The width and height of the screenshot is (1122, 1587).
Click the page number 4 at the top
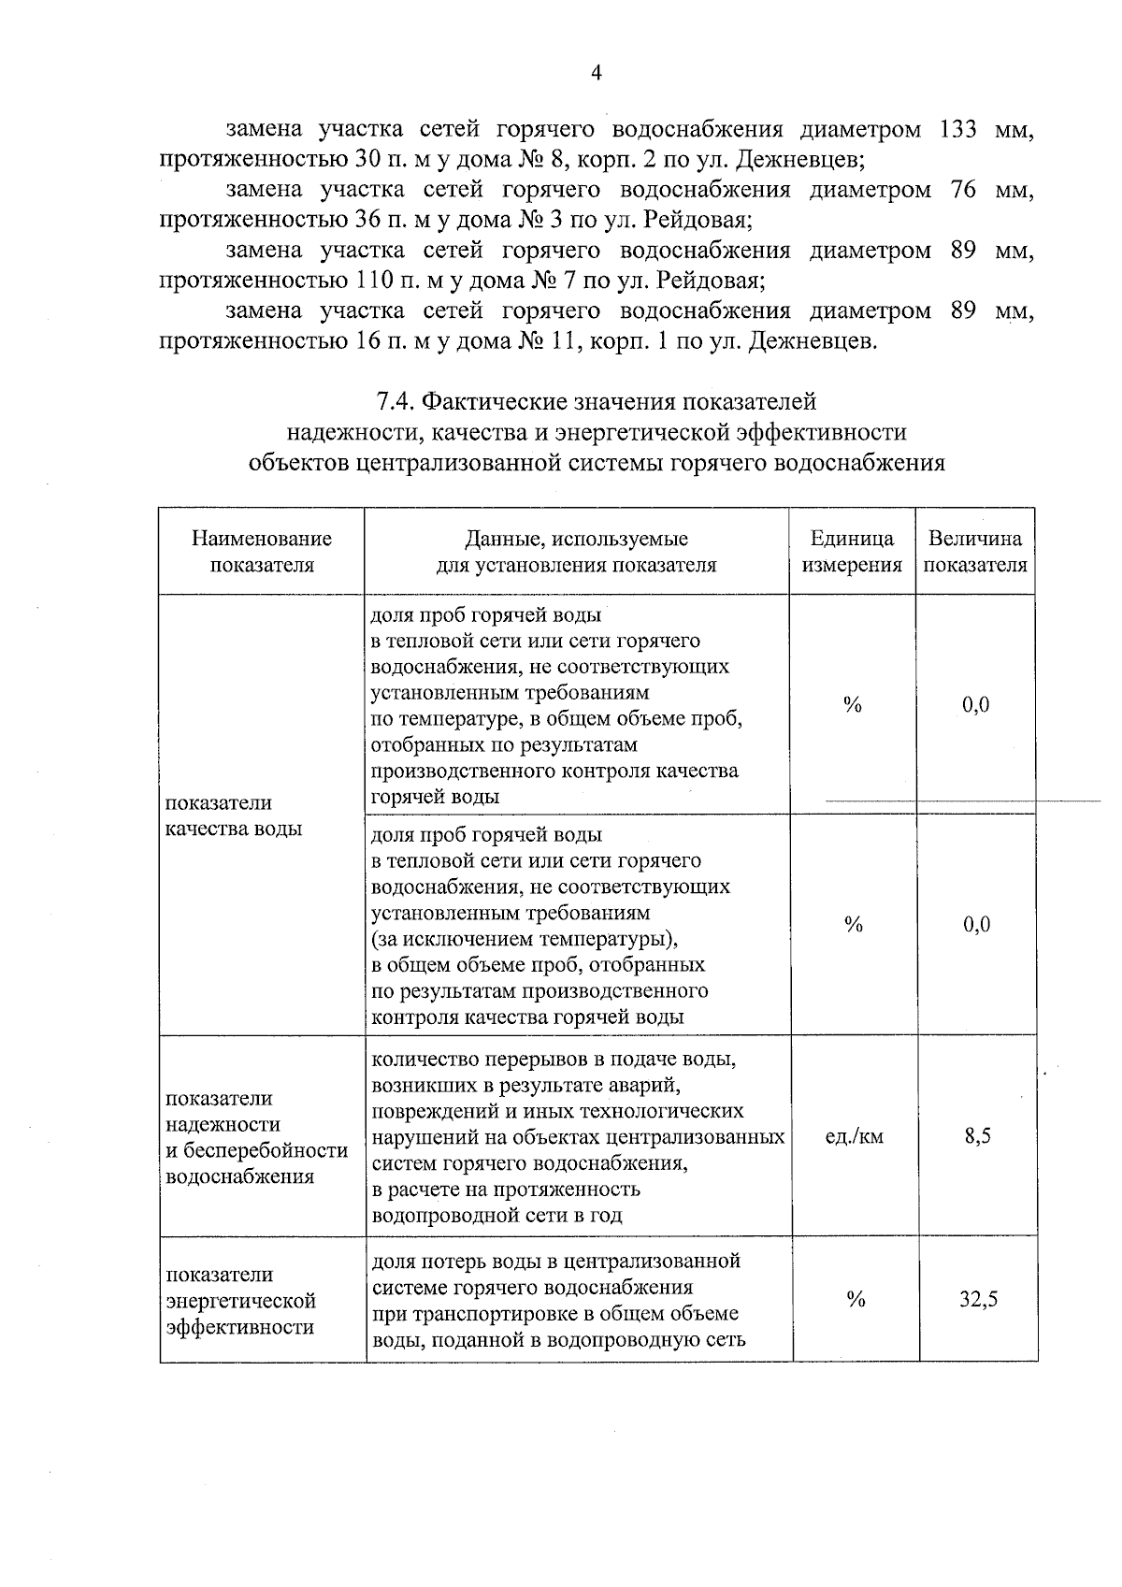point(596,74)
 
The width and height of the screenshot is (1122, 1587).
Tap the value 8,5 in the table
point(977,1136)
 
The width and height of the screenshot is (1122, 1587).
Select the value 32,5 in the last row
point(978,1300)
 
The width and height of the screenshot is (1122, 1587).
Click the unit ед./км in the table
point(854,1136)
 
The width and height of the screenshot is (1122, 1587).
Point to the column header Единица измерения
point(852,552)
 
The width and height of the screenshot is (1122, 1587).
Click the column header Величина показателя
point(975,552)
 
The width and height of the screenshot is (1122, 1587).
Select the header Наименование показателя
point(262,552)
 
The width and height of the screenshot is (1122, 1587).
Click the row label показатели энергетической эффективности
point(240,1301)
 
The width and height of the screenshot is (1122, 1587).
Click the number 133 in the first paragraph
point(958,129)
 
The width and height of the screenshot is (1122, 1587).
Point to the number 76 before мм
point(962,190)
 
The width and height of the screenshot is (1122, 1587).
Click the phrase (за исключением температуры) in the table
point(524,938)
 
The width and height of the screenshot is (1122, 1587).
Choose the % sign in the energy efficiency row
point(856,1300)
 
